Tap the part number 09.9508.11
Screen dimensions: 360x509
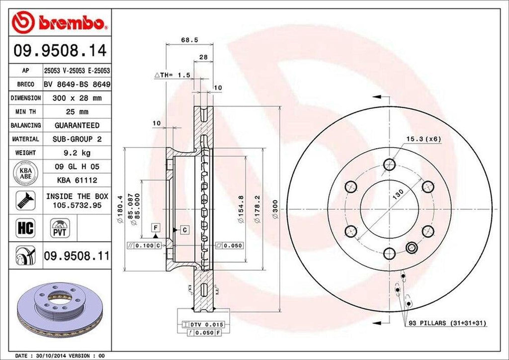76,256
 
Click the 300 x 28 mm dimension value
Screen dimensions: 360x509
76,98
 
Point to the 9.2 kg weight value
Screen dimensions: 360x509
76,153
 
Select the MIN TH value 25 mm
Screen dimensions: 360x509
76,112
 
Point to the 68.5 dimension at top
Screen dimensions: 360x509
186,40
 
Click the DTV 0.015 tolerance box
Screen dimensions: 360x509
205,324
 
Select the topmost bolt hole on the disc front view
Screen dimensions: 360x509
390,164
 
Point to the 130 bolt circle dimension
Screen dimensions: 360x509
396,195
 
